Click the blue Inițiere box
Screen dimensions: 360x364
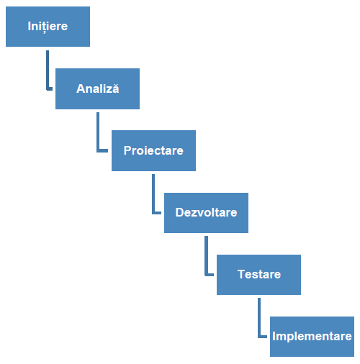pos(48,27)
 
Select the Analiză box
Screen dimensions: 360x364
pos(97,88)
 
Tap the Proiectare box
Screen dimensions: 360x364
pos(153,150)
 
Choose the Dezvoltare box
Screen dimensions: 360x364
pos(206,213)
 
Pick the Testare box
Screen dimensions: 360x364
pos(258,275)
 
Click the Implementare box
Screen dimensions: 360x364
pos(312,337)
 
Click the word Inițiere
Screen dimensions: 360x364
pos(48,27)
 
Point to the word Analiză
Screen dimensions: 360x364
pos(98,88)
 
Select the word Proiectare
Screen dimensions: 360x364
pos(153,150)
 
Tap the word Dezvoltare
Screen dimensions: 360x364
pos(206,212)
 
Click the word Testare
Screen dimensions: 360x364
pos(259,274)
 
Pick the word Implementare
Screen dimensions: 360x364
pos(312,337)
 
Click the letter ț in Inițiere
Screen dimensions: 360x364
pos(45,27)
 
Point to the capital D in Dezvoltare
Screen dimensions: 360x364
pos(179,212)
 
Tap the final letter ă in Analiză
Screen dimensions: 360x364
pos(116,88)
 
